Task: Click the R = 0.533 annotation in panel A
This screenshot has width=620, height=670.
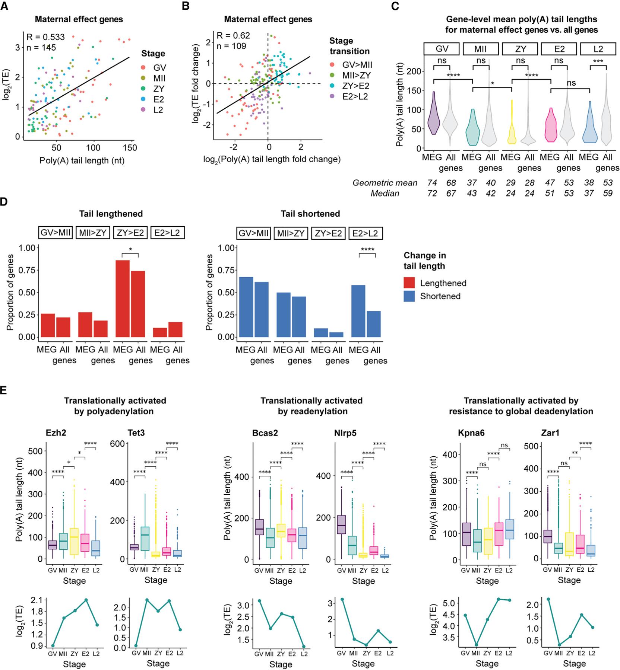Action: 45,37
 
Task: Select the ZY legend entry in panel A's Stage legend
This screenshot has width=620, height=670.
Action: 158,89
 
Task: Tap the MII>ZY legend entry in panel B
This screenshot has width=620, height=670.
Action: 357,75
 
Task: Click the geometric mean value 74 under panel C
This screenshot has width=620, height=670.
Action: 432,183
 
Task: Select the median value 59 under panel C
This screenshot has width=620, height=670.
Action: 608,193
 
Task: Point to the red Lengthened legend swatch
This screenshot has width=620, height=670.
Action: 409,283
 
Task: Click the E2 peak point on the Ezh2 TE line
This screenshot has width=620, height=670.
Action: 86,600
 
